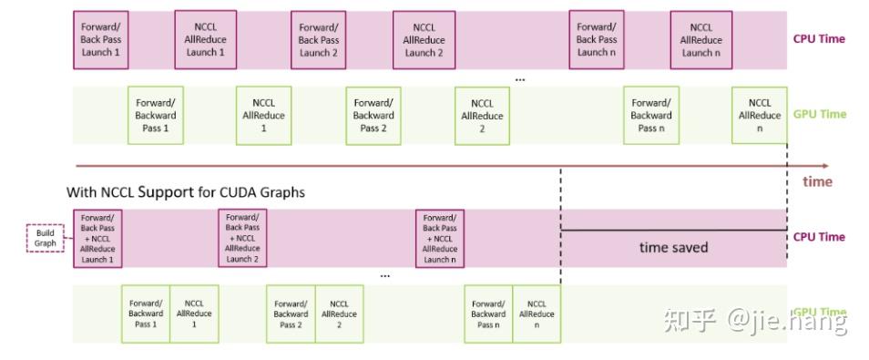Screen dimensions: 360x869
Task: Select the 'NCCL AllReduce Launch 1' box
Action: point(206,40)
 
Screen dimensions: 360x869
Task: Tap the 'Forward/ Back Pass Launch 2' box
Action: point(319,40)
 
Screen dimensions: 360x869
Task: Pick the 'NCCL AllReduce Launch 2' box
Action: point(424,40)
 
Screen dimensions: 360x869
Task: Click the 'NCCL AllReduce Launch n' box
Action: point(701,40)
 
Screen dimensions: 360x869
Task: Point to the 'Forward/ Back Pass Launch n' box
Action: point(597,40)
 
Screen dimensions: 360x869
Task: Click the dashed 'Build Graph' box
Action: point(45,238)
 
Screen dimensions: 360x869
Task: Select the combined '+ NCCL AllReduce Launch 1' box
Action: point(97,238)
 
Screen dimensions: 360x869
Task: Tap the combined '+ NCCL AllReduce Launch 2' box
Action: point(242,238)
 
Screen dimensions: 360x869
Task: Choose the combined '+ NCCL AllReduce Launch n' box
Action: point(439,238)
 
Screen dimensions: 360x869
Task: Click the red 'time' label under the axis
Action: point(817,181)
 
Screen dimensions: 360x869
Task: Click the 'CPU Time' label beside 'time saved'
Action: point(819,237)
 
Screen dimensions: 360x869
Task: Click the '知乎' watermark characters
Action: point(689,320)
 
